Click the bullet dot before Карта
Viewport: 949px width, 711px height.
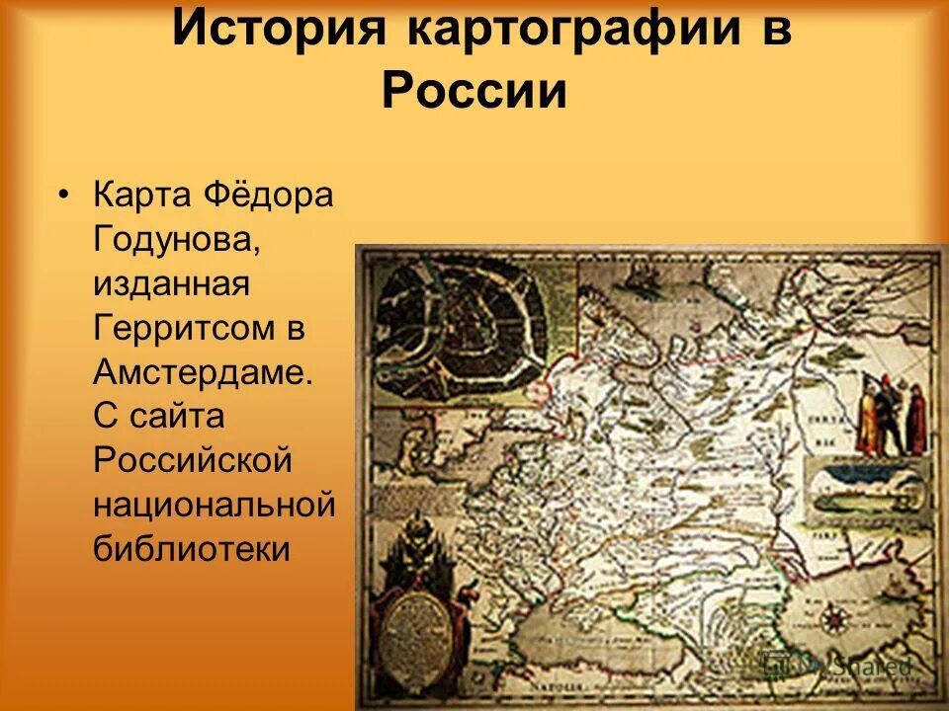click(x=64, y=195)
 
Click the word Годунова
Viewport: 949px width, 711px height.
click(x=178, y=240)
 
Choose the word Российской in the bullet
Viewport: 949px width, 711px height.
click(x=194, y=461)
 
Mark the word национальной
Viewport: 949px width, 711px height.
click(x=216, y=506)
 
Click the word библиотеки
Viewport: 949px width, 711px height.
click(x=192, y=549)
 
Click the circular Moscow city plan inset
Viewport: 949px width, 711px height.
click(x=459, y=326)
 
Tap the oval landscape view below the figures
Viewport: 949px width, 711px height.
click(x=867, y=490)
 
